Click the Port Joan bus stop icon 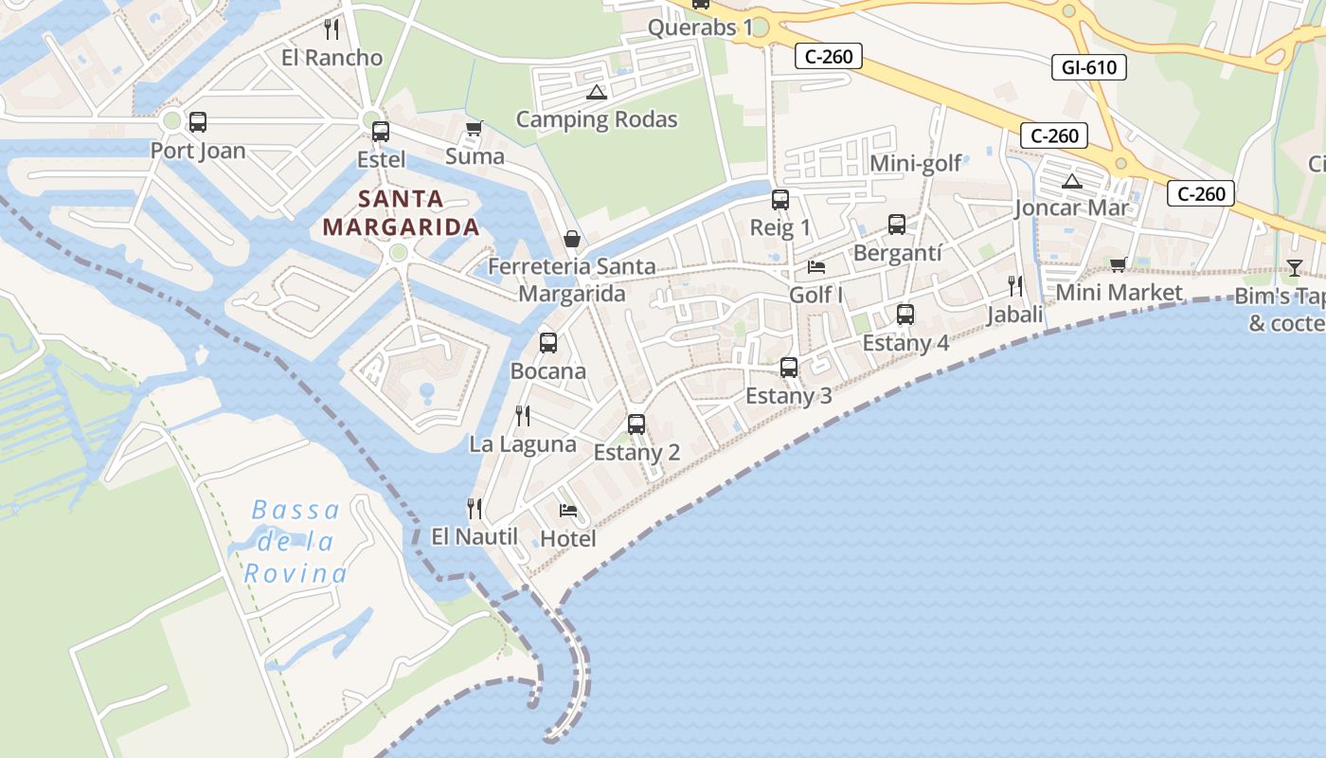(x=198, y=122)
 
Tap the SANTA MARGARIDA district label (x=401, y=213)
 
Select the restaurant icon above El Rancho (x=331, y=29)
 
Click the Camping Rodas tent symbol (x=596, y=92)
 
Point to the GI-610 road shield (x=1088, y=67)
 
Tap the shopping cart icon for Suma (x=475, y=128)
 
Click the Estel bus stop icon (x=381, y=132)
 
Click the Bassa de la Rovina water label (x=296, y=542)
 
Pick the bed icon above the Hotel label (x=568, y=511)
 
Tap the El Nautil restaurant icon (x=475, y=509)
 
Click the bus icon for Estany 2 (x=636, y=424)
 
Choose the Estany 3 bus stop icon (x=789, y=368)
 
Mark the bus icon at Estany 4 (x=905, y=315)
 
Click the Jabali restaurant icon (x=1015, y=285)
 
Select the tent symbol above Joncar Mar (x=1072, y=181)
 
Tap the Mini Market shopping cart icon (x=1119, y=264)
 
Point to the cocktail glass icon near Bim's (x=1295, y=268)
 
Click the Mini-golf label (x=916, y=163)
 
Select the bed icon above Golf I (x=816, y=266)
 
